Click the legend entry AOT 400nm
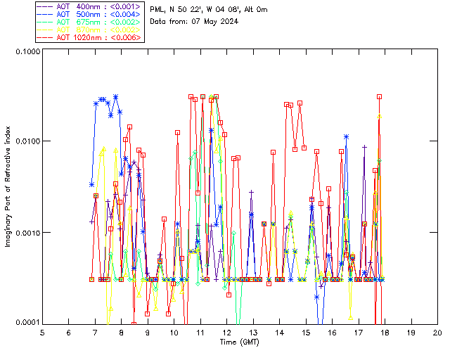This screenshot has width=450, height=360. tap(89, 6)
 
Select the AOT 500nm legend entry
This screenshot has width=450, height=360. tap(89, 14)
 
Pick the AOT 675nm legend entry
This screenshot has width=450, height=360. tap(89, 22)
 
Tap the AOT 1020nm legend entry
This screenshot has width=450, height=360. tap(89, 37)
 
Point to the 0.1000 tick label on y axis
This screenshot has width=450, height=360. tap(25, 52)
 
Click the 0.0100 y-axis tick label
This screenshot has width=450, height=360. tap(25, 141)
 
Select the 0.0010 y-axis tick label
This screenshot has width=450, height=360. tap(25, 232)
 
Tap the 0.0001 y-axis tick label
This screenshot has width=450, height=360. tap(25, 322)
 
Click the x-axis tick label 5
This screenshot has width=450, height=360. tap(42, 332)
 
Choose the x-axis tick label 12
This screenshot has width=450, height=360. tap(226, 332)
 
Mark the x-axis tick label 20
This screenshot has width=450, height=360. tap(437, 332)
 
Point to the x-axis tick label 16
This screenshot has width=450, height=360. tap(332, 332)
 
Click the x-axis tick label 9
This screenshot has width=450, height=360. tap(148, 332)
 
